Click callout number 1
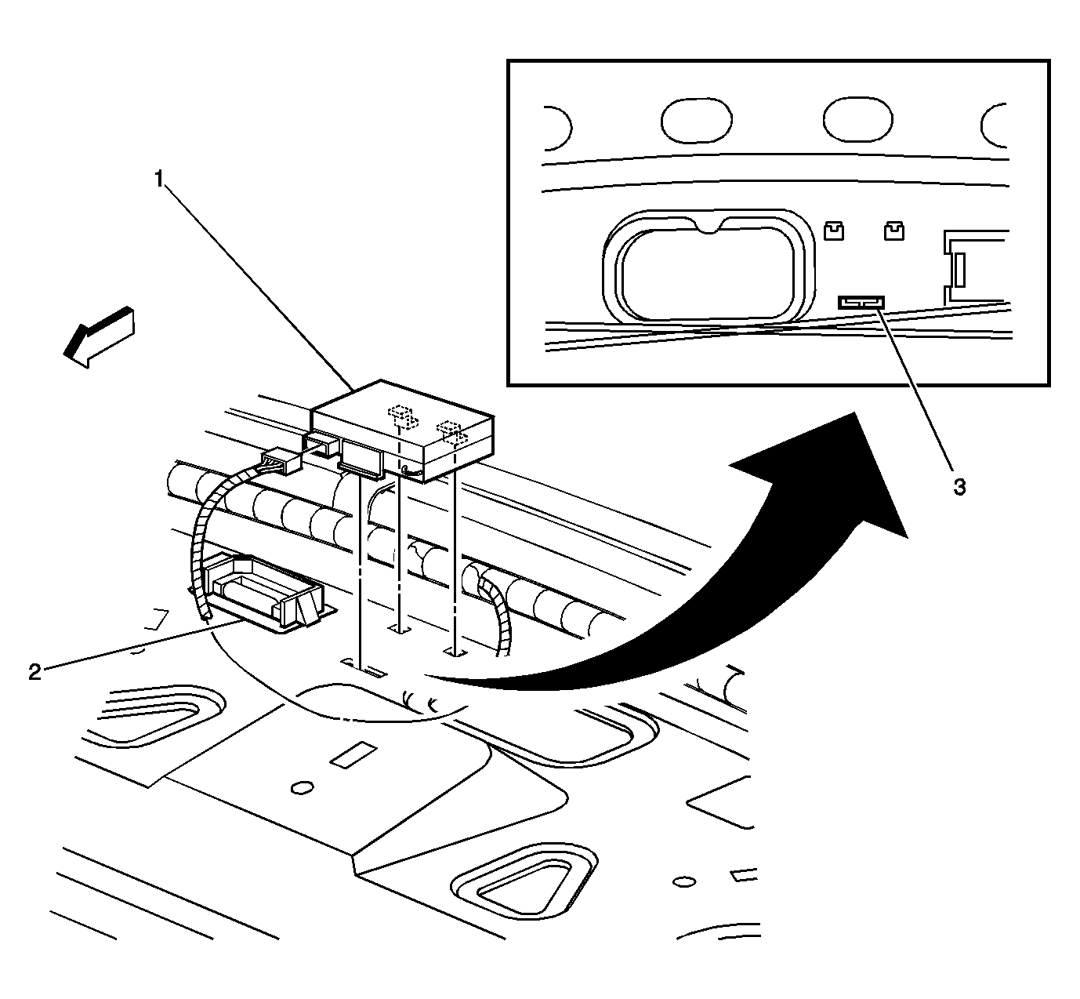coord(159,180)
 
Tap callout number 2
coord(34,672)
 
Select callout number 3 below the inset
coord(959,487)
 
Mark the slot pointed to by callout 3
coord(861,301)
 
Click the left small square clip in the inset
coord(834,230)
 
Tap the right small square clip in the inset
coord(893,230)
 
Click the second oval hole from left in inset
coord(696,120)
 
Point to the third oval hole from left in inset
coord(857,120)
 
